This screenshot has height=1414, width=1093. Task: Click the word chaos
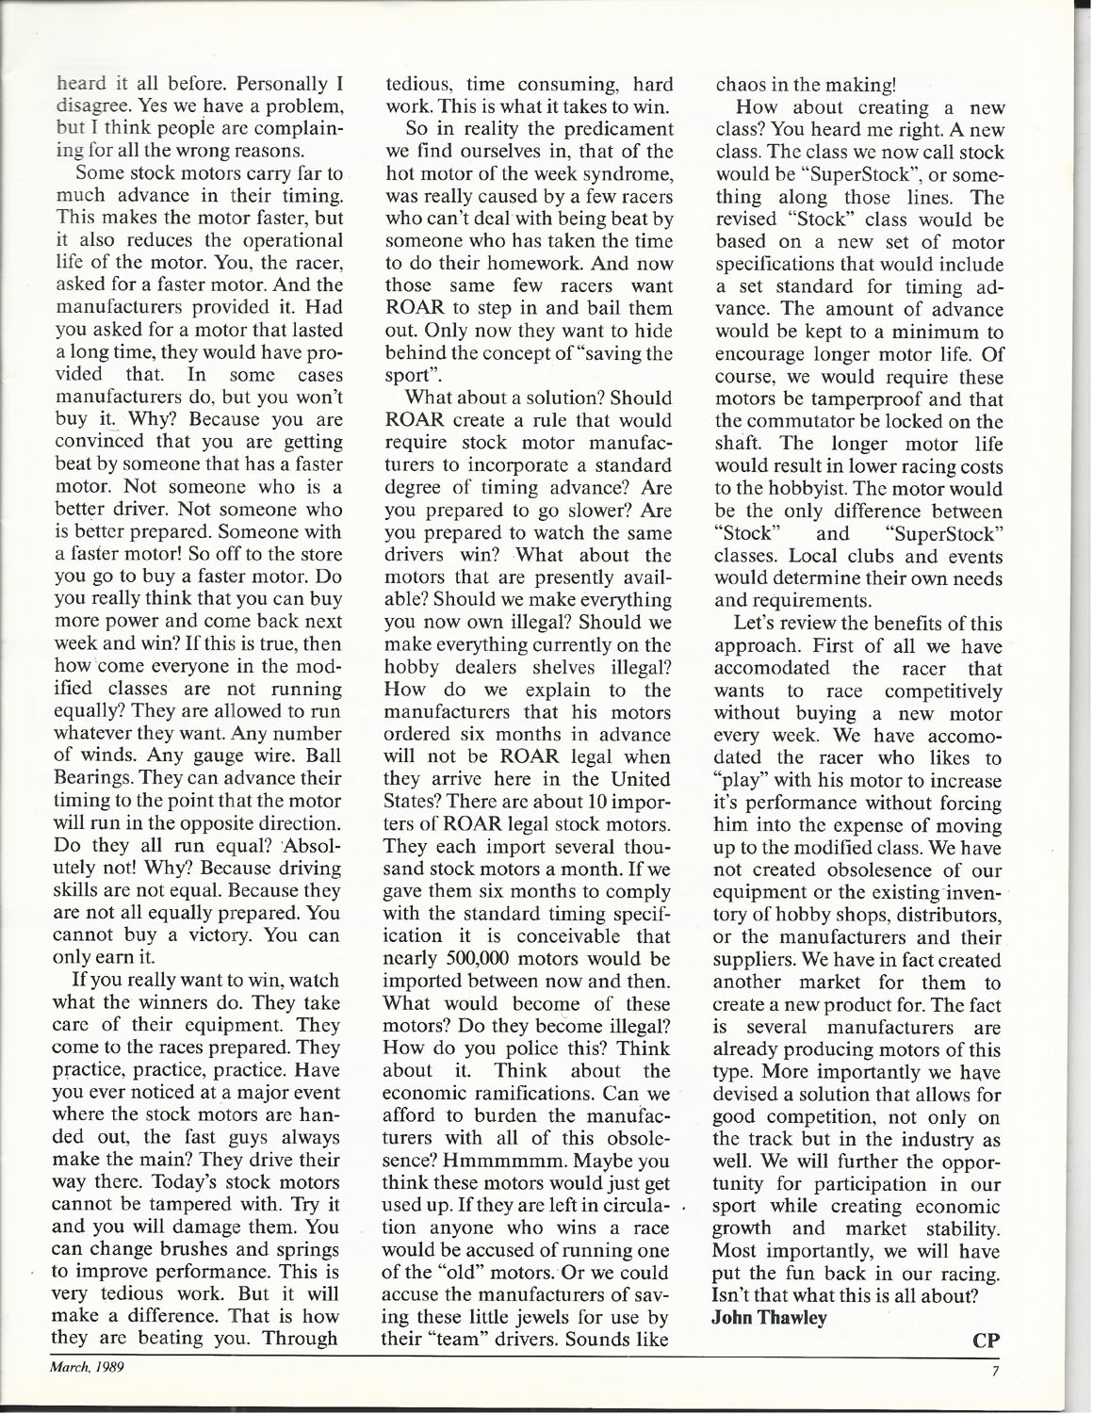click(x=739, y=84)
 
